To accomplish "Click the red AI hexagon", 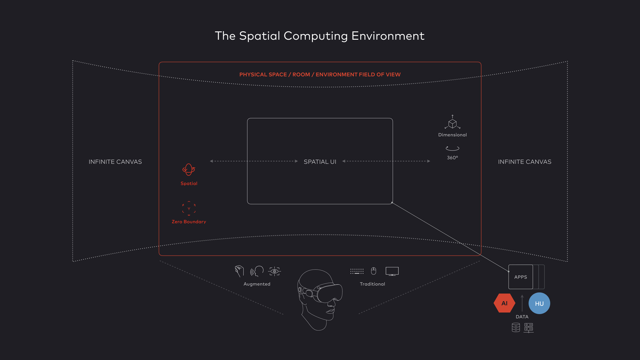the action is (504, 303).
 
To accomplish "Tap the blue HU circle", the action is (539, 303).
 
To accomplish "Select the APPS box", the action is (521, 277).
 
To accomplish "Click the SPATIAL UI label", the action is (320, 162).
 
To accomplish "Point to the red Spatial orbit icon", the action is (189, 170).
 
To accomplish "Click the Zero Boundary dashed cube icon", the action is (189, 208).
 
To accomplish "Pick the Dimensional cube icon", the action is (452, 123).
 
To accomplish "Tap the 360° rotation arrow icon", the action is (452, 148).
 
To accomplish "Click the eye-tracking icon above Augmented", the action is (274, 271).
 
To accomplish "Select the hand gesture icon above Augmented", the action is (239, 271).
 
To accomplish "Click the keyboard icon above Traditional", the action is (357, 271).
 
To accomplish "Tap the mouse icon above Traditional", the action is (374, 271).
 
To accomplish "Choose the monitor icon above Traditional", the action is (392, 271).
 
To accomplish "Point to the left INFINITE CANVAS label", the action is (115, 162).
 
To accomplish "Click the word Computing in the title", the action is (316, 36).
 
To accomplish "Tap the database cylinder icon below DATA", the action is (516, 327).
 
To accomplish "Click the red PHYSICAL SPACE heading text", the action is (320, 75).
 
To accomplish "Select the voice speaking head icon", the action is (257, 271).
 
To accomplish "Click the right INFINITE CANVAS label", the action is (524, 162).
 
